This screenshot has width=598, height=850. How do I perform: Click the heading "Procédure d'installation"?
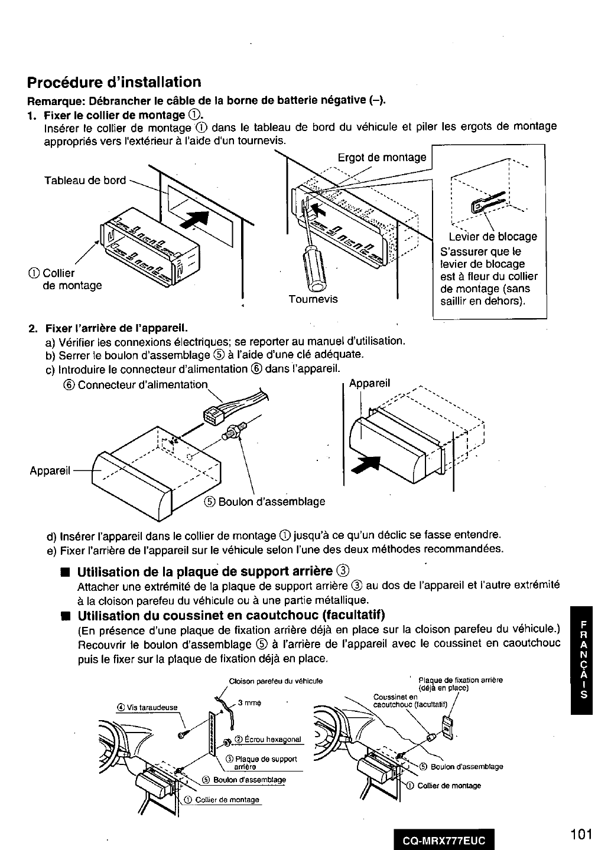114,81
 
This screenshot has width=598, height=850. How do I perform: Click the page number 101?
581,834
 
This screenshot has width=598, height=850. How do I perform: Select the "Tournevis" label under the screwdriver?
313,299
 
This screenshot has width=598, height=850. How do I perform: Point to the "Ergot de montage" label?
381,157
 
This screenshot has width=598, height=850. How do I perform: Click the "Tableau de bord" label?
85,180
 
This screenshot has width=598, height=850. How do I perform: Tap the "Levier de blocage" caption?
489,237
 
